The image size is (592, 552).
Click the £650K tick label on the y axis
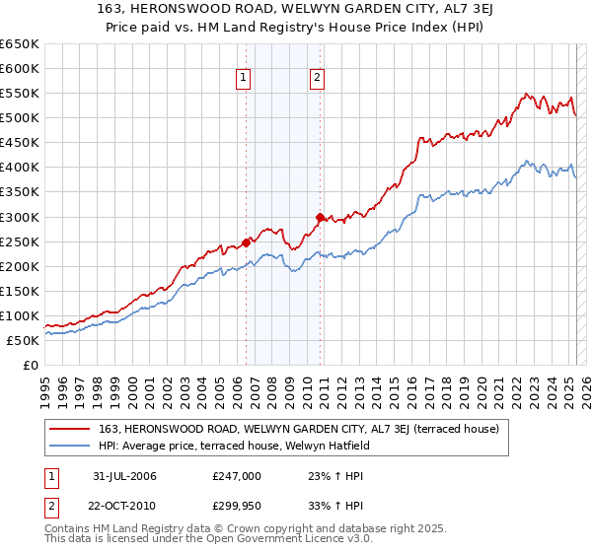click(x=20, y=44)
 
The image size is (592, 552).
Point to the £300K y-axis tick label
click(x=20, y=217)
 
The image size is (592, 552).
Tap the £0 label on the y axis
click(x=30, y=365)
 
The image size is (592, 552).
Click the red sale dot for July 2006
click(x=246, y=241)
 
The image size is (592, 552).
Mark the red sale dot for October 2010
click(x=320, y=216)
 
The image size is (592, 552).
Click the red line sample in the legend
click(x=71, y=429)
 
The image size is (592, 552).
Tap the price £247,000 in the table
click(x=237, y=476)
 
